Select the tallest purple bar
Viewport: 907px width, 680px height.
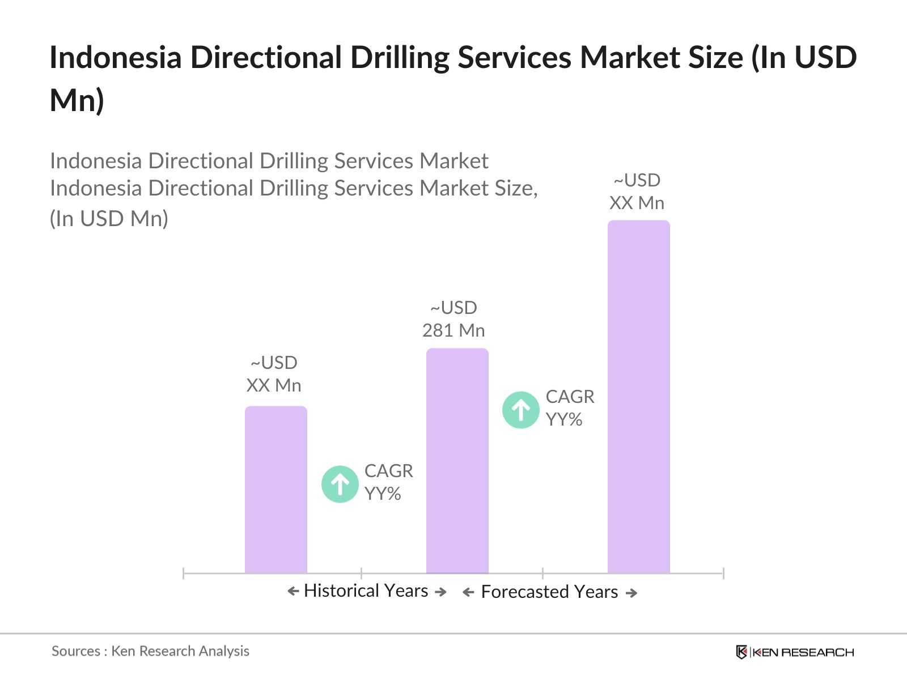tap(638, 397)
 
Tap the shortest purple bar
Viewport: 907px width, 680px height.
tap(276, 490)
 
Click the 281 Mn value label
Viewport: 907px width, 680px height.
tap(453, 330)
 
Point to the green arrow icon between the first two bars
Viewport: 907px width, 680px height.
tap(340, 484)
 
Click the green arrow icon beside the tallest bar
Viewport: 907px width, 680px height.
tap(520, 410)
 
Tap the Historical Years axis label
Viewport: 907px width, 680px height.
tap(366, 591)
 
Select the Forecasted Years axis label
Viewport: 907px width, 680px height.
tap(549, 592)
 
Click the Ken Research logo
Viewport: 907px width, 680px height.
tap(795, 652)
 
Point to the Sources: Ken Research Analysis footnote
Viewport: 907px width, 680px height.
tap(150, 651)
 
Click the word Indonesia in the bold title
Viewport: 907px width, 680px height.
tap(116, 58)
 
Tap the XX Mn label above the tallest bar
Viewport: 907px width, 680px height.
tap(637, 203)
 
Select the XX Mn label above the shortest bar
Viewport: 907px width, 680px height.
tap(274, 385)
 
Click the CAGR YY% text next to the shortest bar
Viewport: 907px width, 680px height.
tap(388, 482)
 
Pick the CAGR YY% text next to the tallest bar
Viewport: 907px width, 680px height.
tap(570, 408)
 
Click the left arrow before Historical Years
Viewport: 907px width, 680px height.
tap(293, 592)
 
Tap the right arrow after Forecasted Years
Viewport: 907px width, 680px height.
tap(631, 593)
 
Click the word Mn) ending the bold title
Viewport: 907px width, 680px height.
tap(77, 100)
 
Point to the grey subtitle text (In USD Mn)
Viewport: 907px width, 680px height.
tap(109, 219)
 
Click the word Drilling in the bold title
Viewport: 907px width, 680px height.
tap(400, 58)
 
